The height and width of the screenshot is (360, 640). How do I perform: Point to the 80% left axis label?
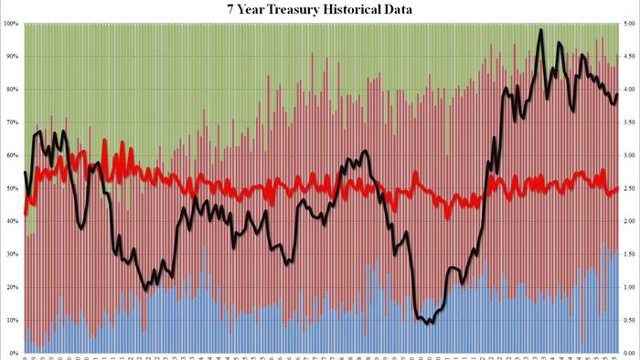[x=11, y=90]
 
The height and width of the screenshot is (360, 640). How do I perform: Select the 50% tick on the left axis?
[x=11, y=188]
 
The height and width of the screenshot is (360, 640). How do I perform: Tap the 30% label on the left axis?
[x=11, y=254]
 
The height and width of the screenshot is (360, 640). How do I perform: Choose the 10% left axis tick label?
[x=11, y=320]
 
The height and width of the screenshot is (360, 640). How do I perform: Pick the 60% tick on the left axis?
[x=11, y=155]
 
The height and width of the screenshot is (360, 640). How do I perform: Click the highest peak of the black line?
[x=541, y=30]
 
